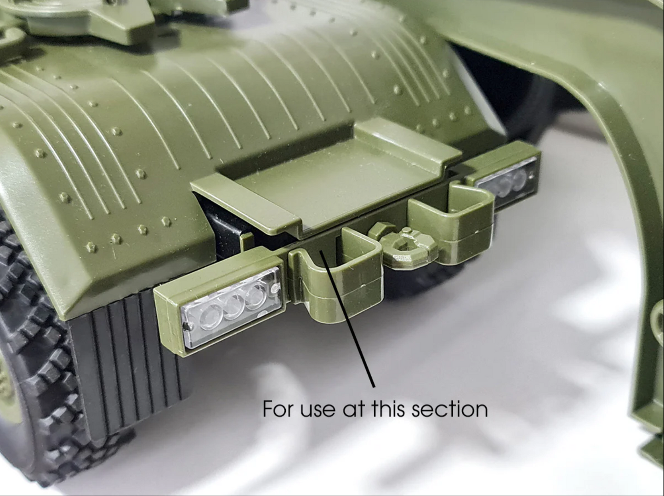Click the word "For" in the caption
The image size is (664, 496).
click(x=278, y=408)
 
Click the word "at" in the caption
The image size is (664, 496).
click(x=353, y=409)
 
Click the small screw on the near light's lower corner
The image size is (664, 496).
click(x=188, y=327)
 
